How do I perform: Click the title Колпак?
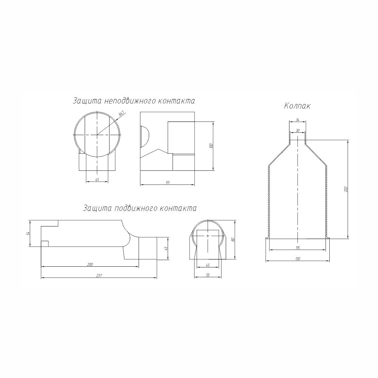[297, 106]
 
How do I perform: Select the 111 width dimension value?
[168, 183]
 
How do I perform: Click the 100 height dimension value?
[211, 146]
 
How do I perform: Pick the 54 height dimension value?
[28, 233]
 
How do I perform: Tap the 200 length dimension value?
[90, 264]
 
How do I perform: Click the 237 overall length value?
[99, 276]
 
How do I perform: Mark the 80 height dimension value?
[233, 240]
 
